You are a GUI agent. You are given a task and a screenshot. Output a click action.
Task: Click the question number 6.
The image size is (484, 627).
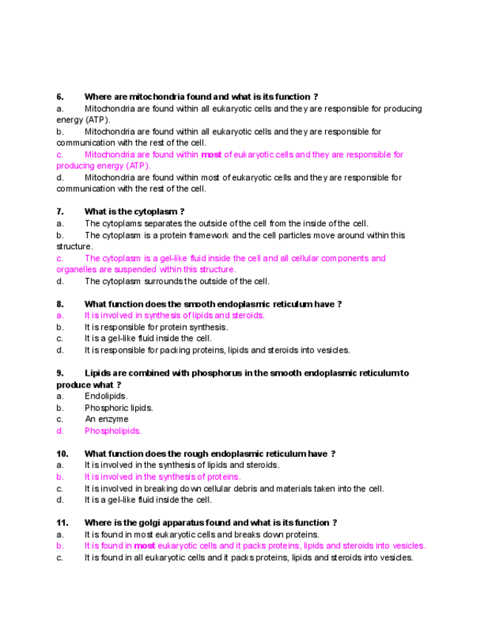click(60, 97)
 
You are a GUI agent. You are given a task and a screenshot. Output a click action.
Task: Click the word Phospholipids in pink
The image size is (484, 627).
click(113, 431)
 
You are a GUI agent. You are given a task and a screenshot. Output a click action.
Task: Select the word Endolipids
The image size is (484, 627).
click(106, 396)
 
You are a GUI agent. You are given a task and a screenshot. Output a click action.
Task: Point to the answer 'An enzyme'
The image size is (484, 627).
click(106, 419)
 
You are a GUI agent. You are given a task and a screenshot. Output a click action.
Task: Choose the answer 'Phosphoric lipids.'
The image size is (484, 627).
click(119, 408)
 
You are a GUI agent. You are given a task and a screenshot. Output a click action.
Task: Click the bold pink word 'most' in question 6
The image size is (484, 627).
click(211, 155)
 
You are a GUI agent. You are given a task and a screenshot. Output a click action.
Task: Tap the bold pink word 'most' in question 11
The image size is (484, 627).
click(145, 546)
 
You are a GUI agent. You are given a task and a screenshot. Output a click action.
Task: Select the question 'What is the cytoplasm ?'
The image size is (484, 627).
click(134, 212)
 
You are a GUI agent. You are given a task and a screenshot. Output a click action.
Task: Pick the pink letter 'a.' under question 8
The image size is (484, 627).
click(60, 316)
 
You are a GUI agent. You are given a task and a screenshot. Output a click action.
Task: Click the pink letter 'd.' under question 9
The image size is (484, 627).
click(60, 431)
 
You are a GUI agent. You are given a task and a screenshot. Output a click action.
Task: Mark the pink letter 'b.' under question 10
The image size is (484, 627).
click(60, 477)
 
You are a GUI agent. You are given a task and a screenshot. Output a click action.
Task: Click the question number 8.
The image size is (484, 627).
click(60, 304)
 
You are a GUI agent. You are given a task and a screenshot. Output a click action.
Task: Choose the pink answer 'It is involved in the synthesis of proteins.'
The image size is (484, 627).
click(163, 477)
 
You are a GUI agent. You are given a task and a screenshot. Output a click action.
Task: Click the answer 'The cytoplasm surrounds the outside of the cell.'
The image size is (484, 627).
click(177, 282)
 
